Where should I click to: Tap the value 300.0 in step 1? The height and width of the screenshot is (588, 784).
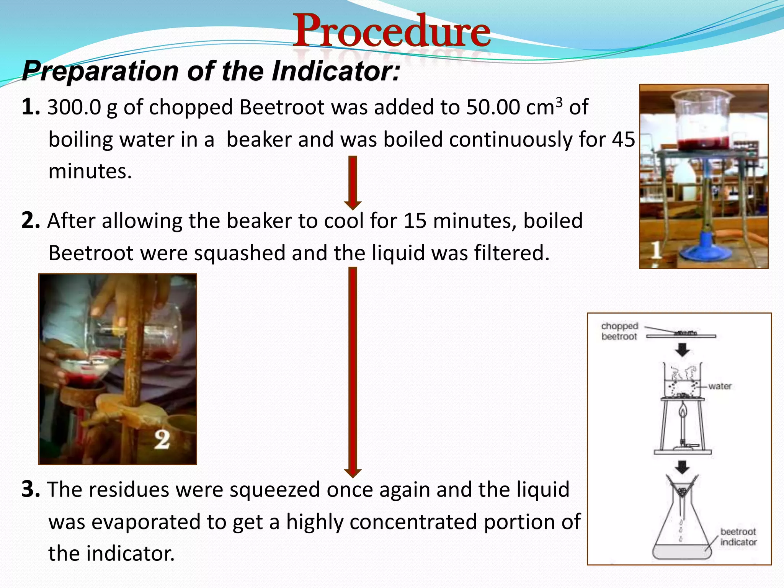(74, 108)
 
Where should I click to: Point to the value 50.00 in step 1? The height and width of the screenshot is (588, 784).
(493, 108)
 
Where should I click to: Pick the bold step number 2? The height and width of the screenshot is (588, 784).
(31, 221)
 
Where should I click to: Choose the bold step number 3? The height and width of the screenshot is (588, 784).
(31, 490)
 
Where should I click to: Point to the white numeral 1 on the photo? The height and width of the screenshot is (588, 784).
(656, 251)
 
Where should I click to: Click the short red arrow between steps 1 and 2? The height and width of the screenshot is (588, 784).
(353, 182)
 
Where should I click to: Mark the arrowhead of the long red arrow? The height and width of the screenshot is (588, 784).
(353, 473)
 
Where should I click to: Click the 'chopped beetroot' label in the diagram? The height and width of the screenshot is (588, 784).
(619, 331)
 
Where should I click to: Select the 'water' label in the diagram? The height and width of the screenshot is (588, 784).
(720, 386)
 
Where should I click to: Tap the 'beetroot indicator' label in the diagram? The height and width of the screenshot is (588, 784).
(738, 537)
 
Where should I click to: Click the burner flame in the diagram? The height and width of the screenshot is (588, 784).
(683, 412)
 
